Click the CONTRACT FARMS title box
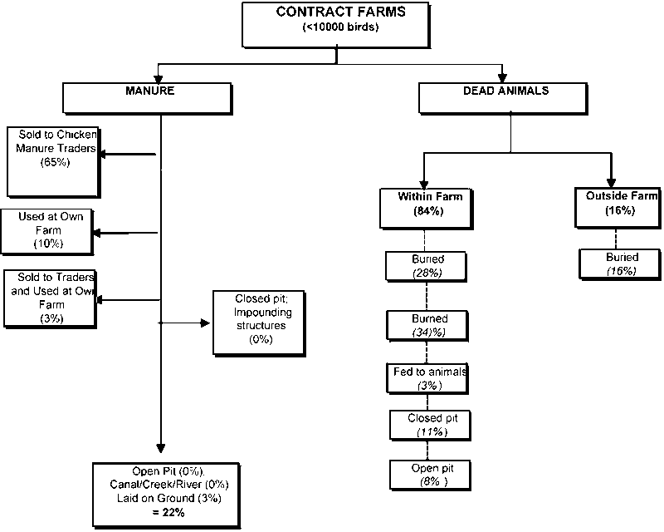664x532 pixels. (x=336, y=25)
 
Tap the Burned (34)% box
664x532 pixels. (x=429, y=325)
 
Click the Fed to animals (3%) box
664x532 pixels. (x=429, y=378)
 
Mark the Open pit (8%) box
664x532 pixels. (x=429, y=474)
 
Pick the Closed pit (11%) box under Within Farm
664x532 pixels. (x=429, y=424)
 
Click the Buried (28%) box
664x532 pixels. (x=427, y=266)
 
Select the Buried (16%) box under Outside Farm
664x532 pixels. (x=621, y=264)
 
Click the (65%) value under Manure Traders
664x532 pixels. (x=54, y=164)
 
